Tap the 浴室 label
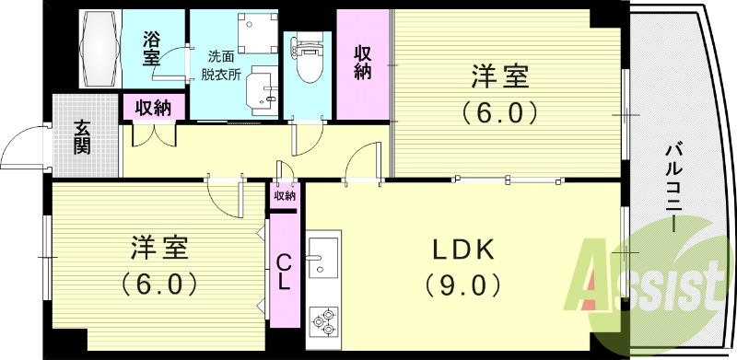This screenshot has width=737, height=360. click(x=152, y=48)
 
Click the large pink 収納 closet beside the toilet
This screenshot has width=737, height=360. click(x=363, y=64)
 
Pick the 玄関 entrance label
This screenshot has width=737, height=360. click(x=83, y=137)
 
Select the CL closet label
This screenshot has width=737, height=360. click(x=285, y=272)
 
